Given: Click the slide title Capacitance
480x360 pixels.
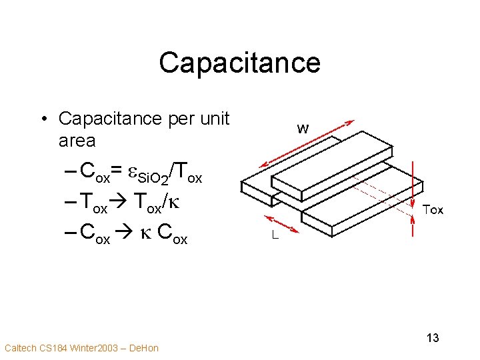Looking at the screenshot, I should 239,63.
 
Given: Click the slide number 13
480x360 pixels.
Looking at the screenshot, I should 432,337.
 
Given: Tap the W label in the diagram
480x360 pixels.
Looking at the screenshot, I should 303,129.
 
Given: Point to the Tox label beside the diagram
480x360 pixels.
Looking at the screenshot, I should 433,209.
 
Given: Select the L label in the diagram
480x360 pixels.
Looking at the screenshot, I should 274,235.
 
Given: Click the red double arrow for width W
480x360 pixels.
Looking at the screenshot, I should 306,143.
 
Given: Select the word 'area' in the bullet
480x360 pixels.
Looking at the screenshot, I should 77,141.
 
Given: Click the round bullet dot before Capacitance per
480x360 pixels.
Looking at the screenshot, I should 43,119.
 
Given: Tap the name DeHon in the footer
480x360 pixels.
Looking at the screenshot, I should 143,348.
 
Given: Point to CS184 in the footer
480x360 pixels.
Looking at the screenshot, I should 51,348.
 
